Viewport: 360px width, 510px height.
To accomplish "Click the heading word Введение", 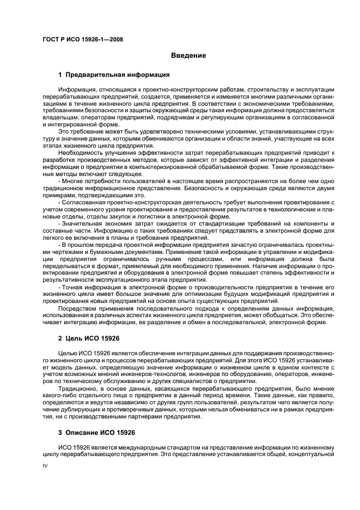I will pos(188,56).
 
